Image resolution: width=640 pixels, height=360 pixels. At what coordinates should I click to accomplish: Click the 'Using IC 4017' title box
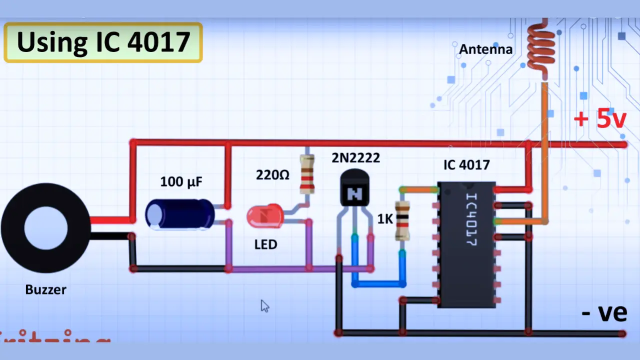(103, 42)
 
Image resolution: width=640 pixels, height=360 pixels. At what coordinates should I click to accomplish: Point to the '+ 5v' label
(599, 119)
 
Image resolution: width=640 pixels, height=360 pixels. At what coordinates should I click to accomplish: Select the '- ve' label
(604, 312)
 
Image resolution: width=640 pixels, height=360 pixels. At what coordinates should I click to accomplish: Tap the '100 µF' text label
(181, 181)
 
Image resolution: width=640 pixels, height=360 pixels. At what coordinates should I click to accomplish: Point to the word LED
(265, 244)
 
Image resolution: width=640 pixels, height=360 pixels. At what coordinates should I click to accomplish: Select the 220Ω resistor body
(307, 174)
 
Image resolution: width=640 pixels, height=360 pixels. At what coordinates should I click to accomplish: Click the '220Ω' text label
(272, 175)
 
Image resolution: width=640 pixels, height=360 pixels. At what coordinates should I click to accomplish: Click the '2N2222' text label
(355, 158)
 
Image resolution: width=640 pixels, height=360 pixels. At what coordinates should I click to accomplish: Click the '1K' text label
(385, 219)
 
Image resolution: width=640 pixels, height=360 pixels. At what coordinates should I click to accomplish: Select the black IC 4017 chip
(466, 244)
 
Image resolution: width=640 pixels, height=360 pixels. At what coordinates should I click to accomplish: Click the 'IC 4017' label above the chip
(466, 165)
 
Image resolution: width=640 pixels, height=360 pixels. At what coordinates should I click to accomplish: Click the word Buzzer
(45, 289)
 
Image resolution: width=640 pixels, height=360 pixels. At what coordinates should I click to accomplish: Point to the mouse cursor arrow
(264, 306)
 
